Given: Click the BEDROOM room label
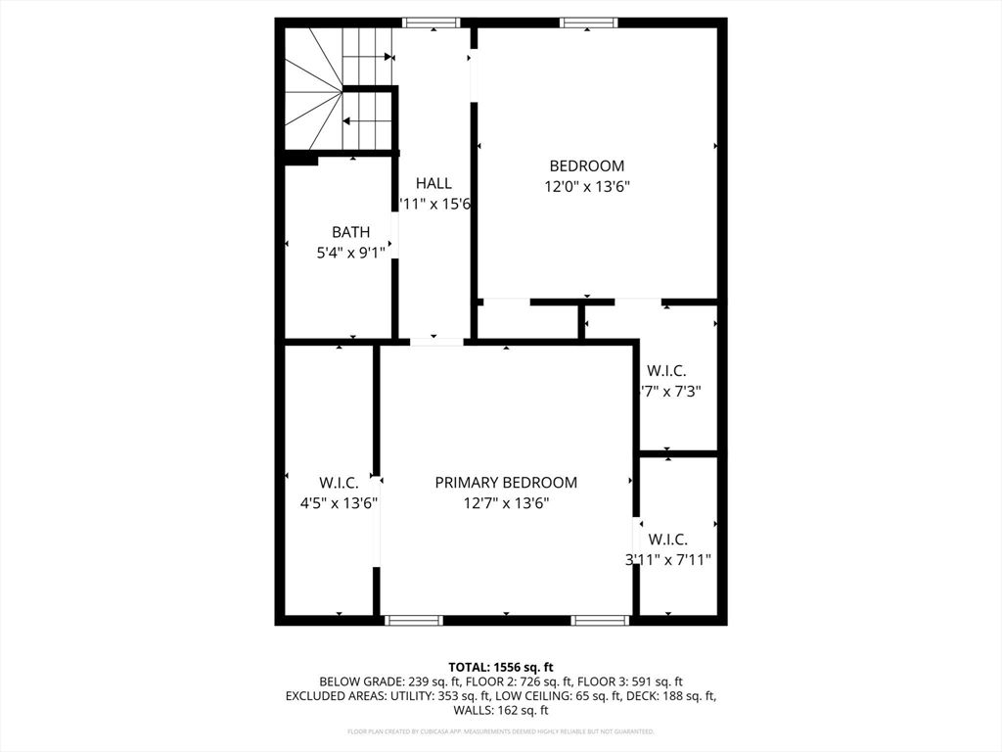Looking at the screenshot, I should point(586,166).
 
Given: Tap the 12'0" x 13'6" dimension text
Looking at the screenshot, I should point(586,187).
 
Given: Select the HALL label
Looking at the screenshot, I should point(433,183).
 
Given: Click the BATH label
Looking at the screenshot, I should point(350,232).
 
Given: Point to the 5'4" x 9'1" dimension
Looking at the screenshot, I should point(350,253).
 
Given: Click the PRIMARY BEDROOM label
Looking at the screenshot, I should point(506,483).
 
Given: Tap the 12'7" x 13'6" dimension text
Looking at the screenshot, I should point(506,503).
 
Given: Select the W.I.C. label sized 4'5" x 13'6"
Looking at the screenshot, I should point(339,483).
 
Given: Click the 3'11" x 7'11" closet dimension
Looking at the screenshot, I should point(667,560).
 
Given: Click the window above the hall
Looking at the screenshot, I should point(432,23).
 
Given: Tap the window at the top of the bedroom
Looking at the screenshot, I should point(588,23).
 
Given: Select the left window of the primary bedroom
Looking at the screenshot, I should point(413,620).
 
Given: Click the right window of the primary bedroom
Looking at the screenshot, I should point(600,620).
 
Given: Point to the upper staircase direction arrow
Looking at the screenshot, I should point(368,58).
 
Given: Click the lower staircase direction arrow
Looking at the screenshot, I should point(368,121).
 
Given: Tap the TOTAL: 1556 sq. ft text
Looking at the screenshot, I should point(500,666).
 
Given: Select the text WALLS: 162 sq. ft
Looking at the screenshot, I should point(500,711).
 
